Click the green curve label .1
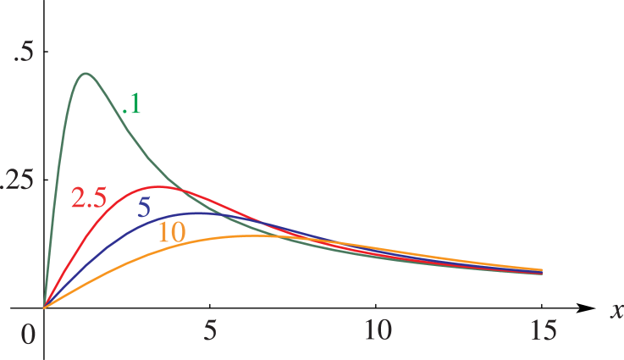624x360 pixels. click(131, 104)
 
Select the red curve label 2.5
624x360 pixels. click(89, 197)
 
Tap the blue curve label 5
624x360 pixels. click(144, 208)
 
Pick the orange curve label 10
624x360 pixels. click(173, 232)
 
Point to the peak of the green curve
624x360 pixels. click(86, 74)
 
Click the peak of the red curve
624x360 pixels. click(158, 186)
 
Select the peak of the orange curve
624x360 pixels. click(252, 235)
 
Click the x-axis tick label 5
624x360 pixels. click(210, 330)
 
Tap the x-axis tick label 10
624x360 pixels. click(378, 330)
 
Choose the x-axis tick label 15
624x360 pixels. click(543, 330)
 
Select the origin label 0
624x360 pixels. click(27, 335)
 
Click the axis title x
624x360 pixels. click(617, 309)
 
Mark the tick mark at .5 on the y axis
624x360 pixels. click(46, 52)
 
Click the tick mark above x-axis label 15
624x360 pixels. click(542, 306)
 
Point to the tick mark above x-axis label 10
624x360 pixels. click(376, 306)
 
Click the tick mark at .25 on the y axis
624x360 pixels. click(46, 180)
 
